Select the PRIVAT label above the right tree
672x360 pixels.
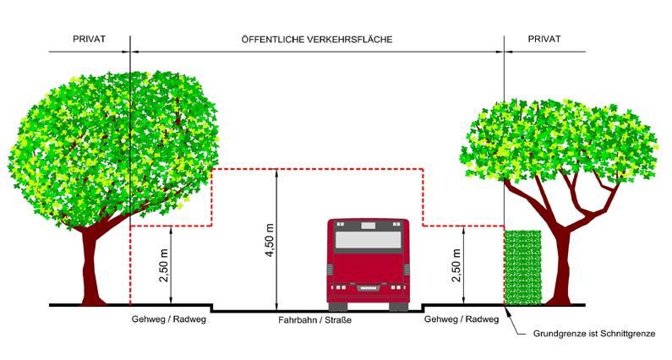[x=544, y=40]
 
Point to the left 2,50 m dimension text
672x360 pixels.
[x=163, y=265]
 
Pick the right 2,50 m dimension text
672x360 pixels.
[x=456, y=265]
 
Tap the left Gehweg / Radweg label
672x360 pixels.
[x=169, y=320]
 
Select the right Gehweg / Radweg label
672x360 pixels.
[x=462, y=320]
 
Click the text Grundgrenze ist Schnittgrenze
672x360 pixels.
[x=594, y=334]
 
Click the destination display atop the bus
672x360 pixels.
[x=367, y=226]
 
